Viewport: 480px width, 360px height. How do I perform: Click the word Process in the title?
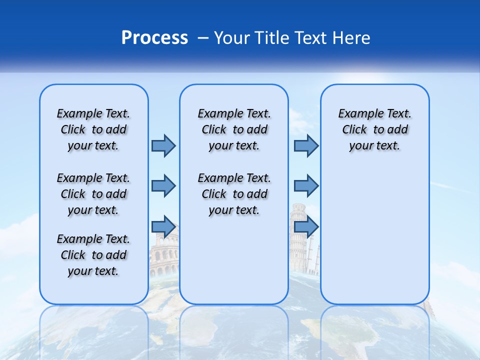pyautogui.click(x=154, y=38)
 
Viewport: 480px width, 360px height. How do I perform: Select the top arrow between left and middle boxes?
pyautogui.click(x=163, y=145)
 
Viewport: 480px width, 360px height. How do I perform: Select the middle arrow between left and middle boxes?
pyautogui.click(x=163, y=186)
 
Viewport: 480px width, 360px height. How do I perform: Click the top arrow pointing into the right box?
pyautogui.click(x=306, y=145)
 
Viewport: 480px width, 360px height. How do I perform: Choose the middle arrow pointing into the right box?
pyautogui.click(x=306, y=186)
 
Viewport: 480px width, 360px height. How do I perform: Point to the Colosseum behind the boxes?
pyautogui.click(x=164, y=257)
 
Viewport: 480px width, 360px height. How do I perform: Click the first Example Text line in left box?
pyautogui.click(x=93, y=113)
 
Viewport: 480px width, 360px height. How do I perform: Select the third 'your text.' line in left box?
pyautogui.click(x=93, y=271)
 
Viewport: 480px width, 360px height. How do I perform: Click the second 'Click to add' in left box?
pyautogui.click(x=93, y=194)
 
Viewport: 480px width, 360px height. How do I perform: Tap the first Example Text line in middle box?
pyautogui.click(x=234, y=113)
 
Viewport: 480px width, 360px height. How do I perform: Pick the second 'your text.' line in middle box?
pyautogui.click(x=234, y=210)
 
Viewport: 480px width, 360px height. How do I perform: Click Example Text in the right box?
pyautogui.click(x=374, y=113)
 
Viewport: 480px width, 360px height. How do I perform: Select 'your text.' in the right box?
pyautogui.click(x=374, y=145)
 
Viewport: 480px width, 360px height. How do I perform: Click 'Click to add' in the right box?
pyautogui.click(x=374, y=129)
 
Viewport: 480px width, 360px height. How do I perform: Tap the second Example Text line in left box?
pyautogui.click(x=93, y=178)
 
